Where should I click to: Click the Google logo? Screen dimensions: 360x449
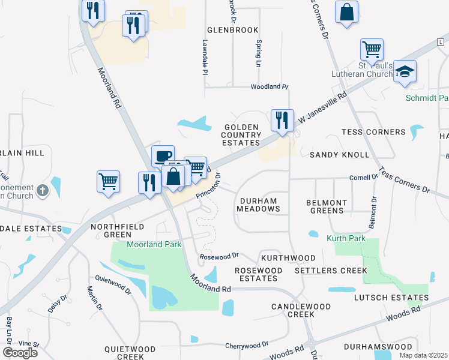click(x=19, y=352)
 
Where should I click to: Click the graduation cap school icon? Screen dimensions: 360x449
click(x=405, y=71)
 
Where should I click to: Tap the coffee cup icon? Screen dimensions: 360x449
click(x=163, y=156)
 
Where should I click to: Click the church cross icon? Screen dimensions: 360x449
click(x=42, y=191)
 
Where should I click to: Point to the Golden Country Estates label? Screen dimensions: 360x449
click(x=242, y=135)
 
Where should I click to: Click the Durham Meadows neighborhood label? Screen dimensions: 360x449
click(x=258, y=205)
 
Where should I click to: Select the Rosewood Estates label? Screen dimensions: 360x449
click(x=258, y=274)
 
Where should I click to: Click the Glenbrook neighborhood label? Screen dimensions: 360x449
click(x=232, y=29)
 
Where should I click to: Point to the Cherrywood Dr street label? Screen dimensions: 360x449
click(x=247, y=346)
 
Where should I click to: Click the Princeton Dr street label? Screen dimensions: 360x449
click(x=210, y=187)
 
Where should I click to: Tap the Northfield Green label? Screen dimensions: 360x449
click(x=110, y=230)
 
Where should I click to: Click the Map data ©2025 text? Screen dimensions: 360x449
click(x=423, y=355)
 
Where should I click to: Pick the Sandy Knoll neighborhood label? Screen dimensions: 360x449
click(x=339, y=155)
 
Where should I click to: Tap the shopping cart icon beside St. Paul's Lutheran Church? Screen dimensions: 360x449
click(x=372, y=49)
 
